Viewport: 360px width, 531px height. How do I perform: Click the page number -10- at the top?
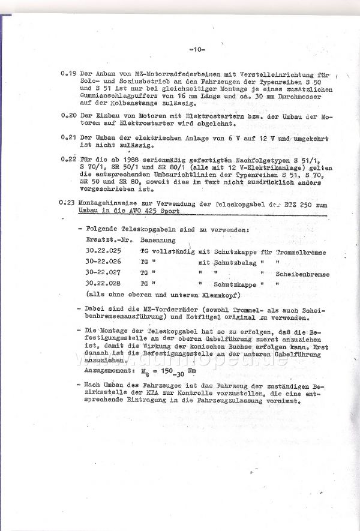coord(197,49)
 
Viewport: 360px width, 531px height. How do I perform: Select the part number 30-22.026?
coord(104,262)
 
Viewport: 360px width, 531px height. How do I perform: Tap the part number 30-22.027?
coord(104,272)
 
